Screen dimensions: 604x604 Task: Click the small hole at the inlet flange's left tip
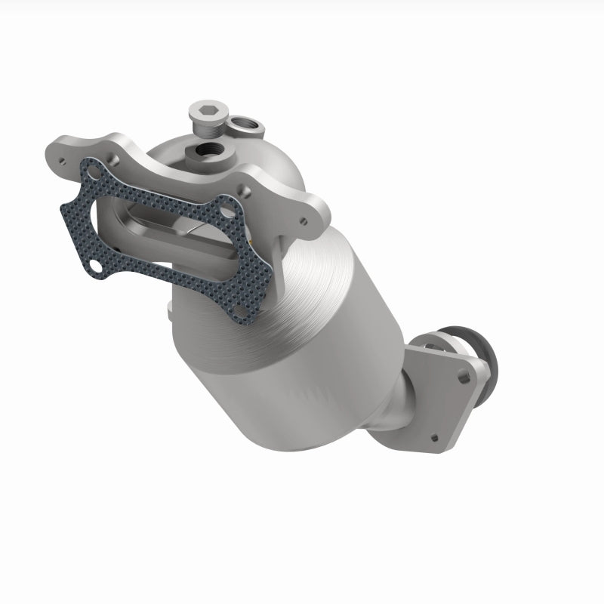pos(59,154)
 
